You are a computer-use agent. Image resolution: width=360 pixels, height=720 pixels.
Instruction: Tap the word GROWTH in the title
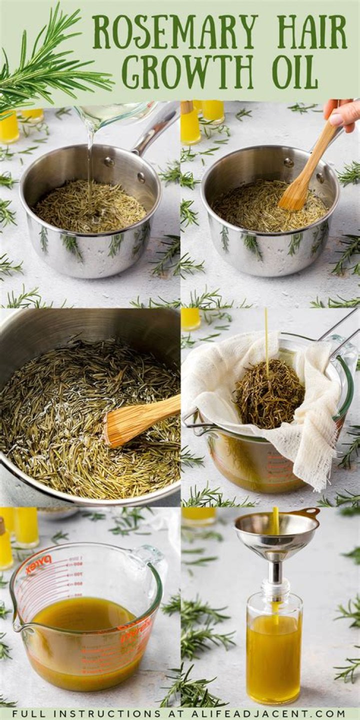[187, 72]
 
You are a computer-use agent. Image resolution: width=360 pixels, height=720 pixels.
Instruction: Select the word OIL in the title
[295, 72]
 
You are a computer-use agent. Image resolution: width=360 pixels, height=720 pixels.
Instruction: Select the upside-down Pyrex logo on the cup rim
[38, 565]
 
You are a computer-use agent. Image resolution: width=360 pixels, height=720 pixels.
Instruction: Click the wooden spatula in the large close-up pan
[140, 420]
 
